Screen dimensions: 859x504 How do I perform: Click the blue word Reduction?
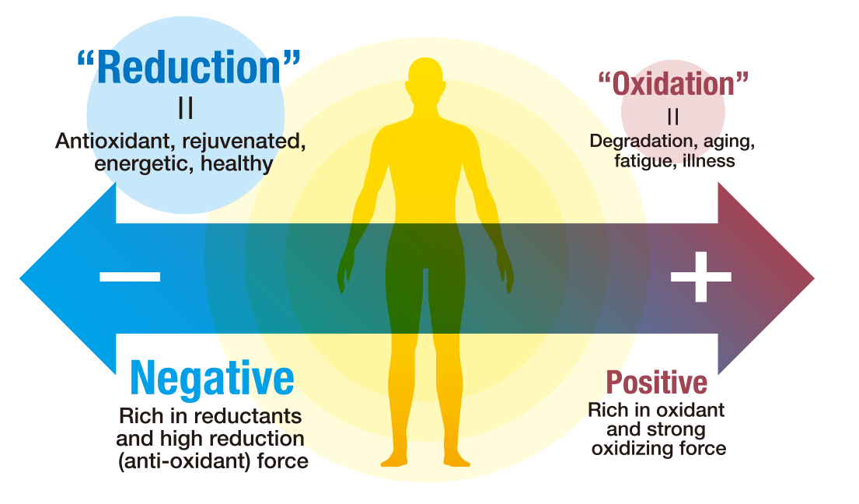click(x=189, y=68)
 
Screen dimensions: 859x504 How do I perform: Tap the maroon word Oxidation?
click(x=672, y=84)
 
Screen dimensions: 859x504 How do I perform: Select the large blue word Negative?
click(x=212, y=379)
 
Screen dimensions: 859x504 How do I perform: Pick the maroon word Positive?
click(x=656, y=382)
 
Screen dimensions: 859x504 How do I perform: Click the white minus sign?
click(x=130, y=277)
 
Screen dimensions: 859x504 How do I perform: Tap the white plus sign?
click(x=700, y=277)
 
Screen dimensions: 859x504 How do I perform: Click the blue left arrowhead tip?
click(x=20, y=278)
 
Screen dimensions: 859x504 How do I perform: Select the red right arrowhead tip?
click(x=814, y=278)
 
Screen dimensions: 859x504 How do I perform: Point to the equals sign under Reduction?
click(x=186, y=108)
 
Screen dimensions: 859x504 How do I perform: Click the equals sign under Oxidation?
click(x=673, y=116)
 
